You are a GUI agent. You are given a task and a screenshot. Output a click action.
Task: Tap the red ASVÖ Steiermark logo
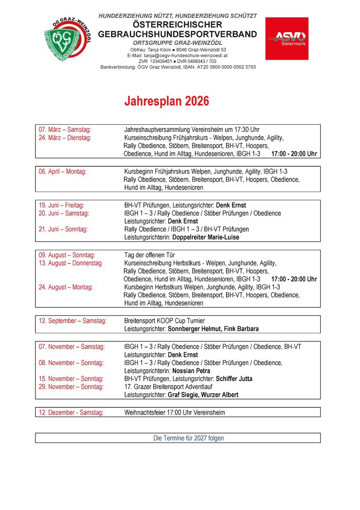[x=286, y=38]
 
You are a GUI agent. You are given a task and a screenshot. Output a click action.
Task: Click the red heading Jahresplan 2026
[x=167, y=102]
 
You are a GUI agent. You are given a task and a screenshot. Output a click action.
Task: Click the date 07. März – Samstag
[x=65, y=129]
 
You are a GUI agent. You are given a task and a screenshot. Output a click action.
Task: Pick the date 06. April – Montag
[x=63, y=171]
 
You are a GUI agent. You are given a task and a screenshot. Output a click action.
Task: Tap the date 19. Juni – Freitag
[x=62, y=205]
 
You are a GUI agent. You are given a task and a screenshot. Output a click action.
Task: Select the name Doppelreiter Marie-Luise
[x=206, y=238]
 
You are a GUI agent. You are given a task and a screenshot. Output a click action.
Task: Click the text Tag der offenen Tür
[x=150, y=255]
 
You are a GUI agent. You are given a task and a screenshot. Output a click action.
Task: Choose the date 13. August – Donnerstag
[x=70, y=263]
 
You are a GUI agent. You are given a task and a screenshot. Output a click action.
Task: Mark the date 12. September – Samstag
[x=73, y=321]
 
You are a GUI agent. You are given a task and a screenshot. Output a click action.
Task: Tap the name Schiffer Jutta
[x=234, y=379]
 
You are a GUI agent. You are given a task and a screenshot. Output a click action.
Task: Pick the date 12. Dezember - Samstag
[x=71, y=412]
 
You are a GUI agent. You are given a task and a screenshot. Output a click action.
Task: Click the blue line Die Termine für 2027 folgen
[x=189, y=438]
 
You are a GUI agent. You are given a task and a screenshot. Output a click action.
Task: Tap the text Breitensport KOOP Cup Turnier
[x=165, y=321]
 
